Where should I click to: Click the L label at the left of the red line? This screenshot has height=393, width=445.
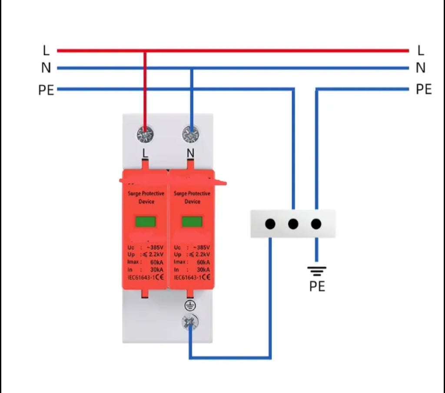pyautogui.click(x=46, y=50)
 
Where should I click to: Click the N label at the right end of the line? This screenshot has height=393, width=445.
pyautogui.click(x=420, y=68)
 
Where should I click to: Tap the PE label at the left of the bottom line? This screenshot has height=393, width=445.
pyautogui.click(x=46, y=90)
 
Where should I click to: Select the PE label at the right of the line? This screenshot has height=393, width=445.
pyautogui.click(x=424, y=90)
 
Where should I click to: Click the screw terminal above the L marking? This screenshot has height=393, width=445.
pyautogui.click(x=145, y=135)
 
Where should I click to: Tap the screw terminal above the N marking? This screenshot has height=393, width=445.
pyautogui.click(x=190, y=135)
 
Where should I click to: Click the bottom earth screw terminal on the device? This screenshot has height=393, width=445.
pyautogui.click(x=190, y=322)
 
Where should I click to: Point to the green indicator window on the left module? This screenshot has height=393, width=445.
pyautogui.click(x=146, y=222)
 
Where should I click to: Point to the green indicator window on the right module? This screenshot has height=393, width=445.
pyautogui.click(x=192, y=222)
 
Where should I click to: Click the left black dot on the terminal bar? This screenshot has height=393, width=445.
pyautogui.click(x=270, y=224)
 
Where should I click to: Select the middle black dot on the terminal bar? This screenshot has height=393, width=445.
pyautogui.click(x=293, y=224)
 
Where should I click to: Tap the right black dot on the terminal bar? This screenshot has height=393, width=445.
pyautogui.click(x=316, y=224)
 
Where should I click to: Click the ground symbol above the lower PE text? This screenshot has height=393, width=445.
pyautogui.click(x=317, y=272)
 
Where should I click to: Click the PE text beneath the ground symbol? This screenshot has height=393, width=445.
pyautogui.click(x=317, y=286)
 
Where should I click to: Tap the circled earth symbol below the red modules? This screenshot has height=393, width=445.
pyautogui.click(x=190, y=305)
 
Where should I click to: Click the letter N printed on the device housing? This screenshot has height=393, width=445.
pyautogui.click(x=190, y=153)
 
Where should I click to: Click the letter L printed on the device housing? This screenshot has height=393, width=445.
pyautogui.click(x=145, y=153)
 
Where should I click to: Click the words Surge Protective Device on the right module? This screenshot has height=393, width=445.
pyautogui.click(x=192, y=197)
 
